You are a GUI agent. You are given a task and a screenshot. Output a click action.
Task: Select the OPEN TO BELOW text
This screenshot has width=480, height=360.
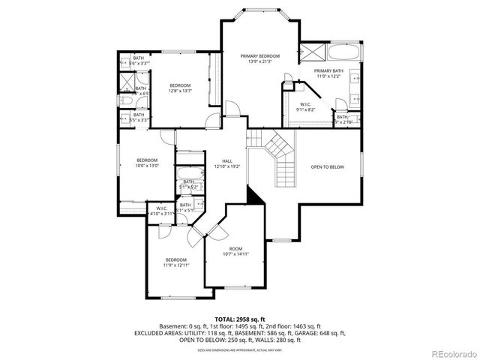click(x=328, y=166)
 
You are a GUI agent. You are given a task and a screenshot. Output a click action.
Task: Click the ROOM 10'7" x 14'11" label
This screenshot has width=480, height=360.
click(x=235, y=251)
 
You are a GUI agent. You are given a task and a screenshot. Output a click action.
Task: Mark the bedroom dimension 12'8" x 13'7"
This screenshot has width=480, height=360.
click(x=179, y=91)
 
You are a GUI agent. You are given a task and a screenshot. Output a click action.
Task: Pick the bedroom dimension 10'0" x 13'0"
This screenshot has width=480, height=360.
click(x=147, y=166)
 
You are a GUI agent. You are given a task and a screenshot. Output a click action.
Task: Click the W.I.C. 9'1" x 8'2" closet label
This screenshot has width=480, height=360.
click(x=305, y=109)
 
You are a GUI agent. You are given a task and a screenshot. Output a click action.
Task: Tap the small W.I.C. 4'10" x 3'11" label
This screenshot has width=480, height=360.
click(x=161, y=211)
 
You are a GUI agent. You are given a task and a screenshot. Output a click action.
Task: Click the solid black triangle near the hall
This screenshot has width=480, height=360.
click(x=254, y=196)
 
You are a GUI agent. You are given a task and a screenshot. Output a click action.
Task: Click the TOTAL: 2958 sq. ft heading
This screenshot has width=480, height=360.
click(x=240, y=319)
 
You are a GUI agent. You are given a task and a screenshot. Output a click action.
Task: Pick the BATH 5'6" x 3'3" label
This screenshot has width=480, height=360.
click(x=139, y=61)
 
